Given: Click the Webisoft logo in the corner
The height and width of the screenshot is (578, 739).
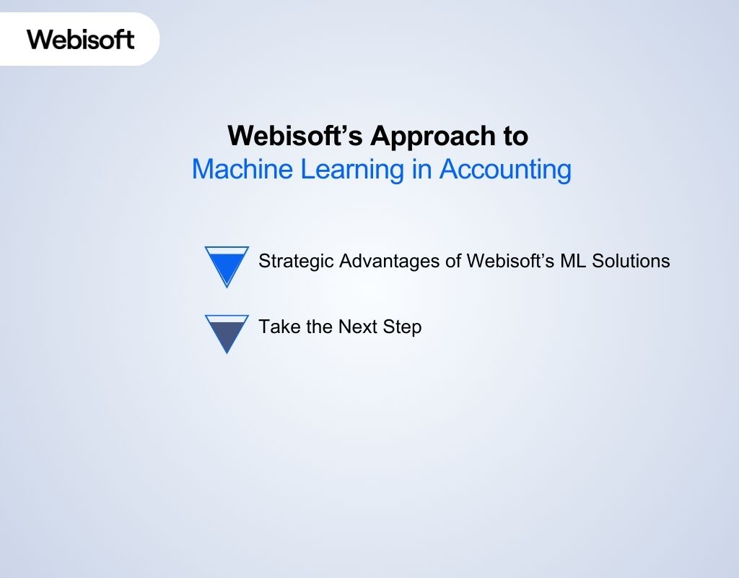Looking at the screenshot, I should [x=81, y=38].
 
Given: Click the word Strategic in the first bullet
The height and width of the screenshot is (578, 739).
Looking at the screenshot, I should [x=296, y=261].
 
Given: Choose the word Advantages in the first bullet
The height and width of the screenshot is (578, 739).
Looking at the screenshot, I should [x=390, y=261].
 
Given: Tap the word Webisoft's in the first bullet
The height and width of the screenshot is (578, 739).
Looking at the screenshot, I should [x=511, y=261].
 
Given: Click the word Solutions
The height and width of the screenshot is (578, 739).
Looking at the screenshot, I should [x=631, y=261].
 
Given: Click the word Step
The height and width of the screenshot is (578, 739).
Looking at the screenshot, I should [x=403, y=327].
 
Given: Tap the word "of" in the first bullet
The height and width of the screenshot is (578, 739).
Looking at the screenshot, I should [x=454, y=261].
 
